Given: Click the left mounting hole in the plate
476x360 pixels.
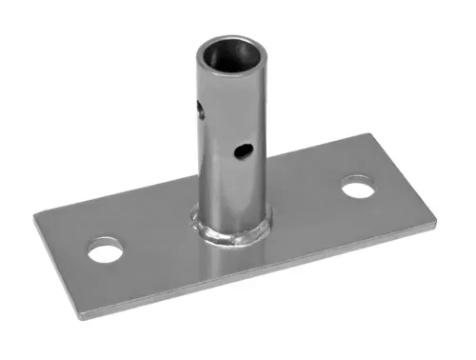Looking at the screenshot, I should [104, 251].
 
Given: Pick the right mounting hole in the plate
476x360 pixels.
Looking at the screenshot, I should [357, 187].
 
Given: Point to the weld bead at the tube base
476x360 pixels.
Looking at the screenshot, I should [229, 231].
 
